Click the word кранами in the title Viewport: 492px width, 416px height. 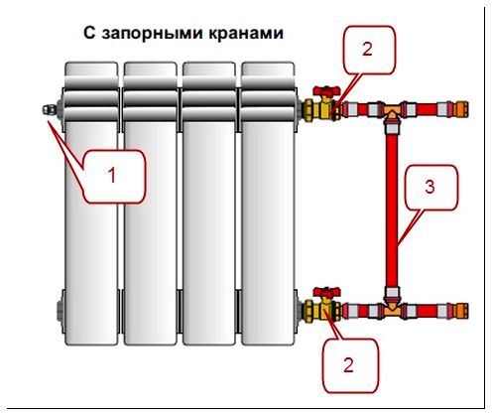[x=246, y=33]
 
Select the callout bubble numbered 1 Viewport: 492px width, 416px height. [x=114, y=176]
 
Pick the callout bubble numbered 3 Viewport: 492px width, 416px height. [x=431, y=188]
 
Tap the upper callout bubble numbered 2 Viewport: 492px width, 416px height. [x=369, y=50]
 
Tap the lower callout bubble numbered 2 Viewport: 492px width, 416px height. [x=350, y=365]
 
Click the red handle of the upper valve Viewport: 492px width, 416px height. [x=326, y=90]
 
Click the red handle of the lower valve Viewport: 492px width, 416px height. [x=326, y=293]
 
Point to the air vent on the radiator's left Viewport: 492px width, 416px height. [x=50, y=109]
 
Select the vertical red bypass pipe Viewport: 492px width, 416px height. [x=392, y=210]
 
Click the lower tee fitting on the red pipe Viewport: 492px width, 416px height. [x=392, y=309]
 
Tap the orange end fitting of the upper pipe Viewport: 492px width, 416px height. [x=462, y=109]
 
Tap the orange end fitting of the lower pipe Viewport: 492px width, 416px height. [x=462, y=311]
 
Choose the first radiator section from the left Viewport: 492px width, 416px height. [x=91, y=204]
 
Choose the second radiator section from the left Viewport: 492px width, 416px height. [x=151, y=204]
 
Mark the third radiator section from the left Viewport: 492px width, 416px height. [x=209, y=204]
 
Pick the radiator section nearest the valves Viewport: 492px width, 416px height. [x=268, y=204]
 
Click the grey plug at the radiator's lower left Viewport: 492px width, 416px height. [x=61, y=311]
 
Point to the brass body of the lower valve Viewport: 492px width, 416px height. [x=325, y=311]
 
